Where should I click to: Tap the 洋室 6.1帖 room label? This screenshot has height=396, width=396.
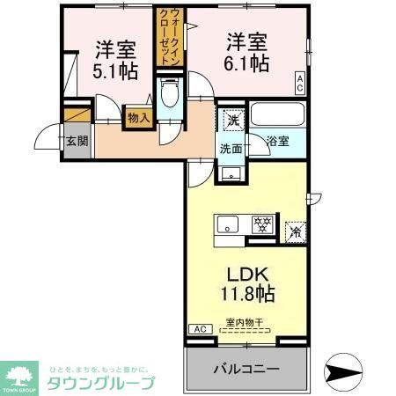click(x=247, y=52)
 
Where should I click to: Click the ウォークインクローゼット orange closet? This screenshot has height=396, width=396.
click(x=165, y=35)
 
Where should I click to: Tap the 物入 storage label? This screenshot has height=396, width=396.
click(x=137, y=116)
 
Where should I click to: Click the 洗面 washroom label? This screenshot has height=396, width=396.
click(x=231, y=149)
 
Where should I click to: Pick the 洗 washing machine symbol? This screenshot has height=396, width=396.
click(x=231, y=118)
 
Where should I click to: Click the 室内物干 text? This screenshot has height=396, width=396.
click(x=244, y=322)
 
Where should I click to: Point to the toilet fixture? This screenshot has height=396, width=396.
click(x=171, y=94)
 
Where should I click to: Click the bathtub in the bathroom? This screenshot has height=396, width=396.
click(x=277, y=115)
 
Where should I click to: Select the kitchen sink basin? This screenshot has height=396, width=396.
click(x=228, y=225)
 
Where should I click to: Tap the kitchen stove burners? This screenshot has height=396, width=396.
click(x=261, y=224)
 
